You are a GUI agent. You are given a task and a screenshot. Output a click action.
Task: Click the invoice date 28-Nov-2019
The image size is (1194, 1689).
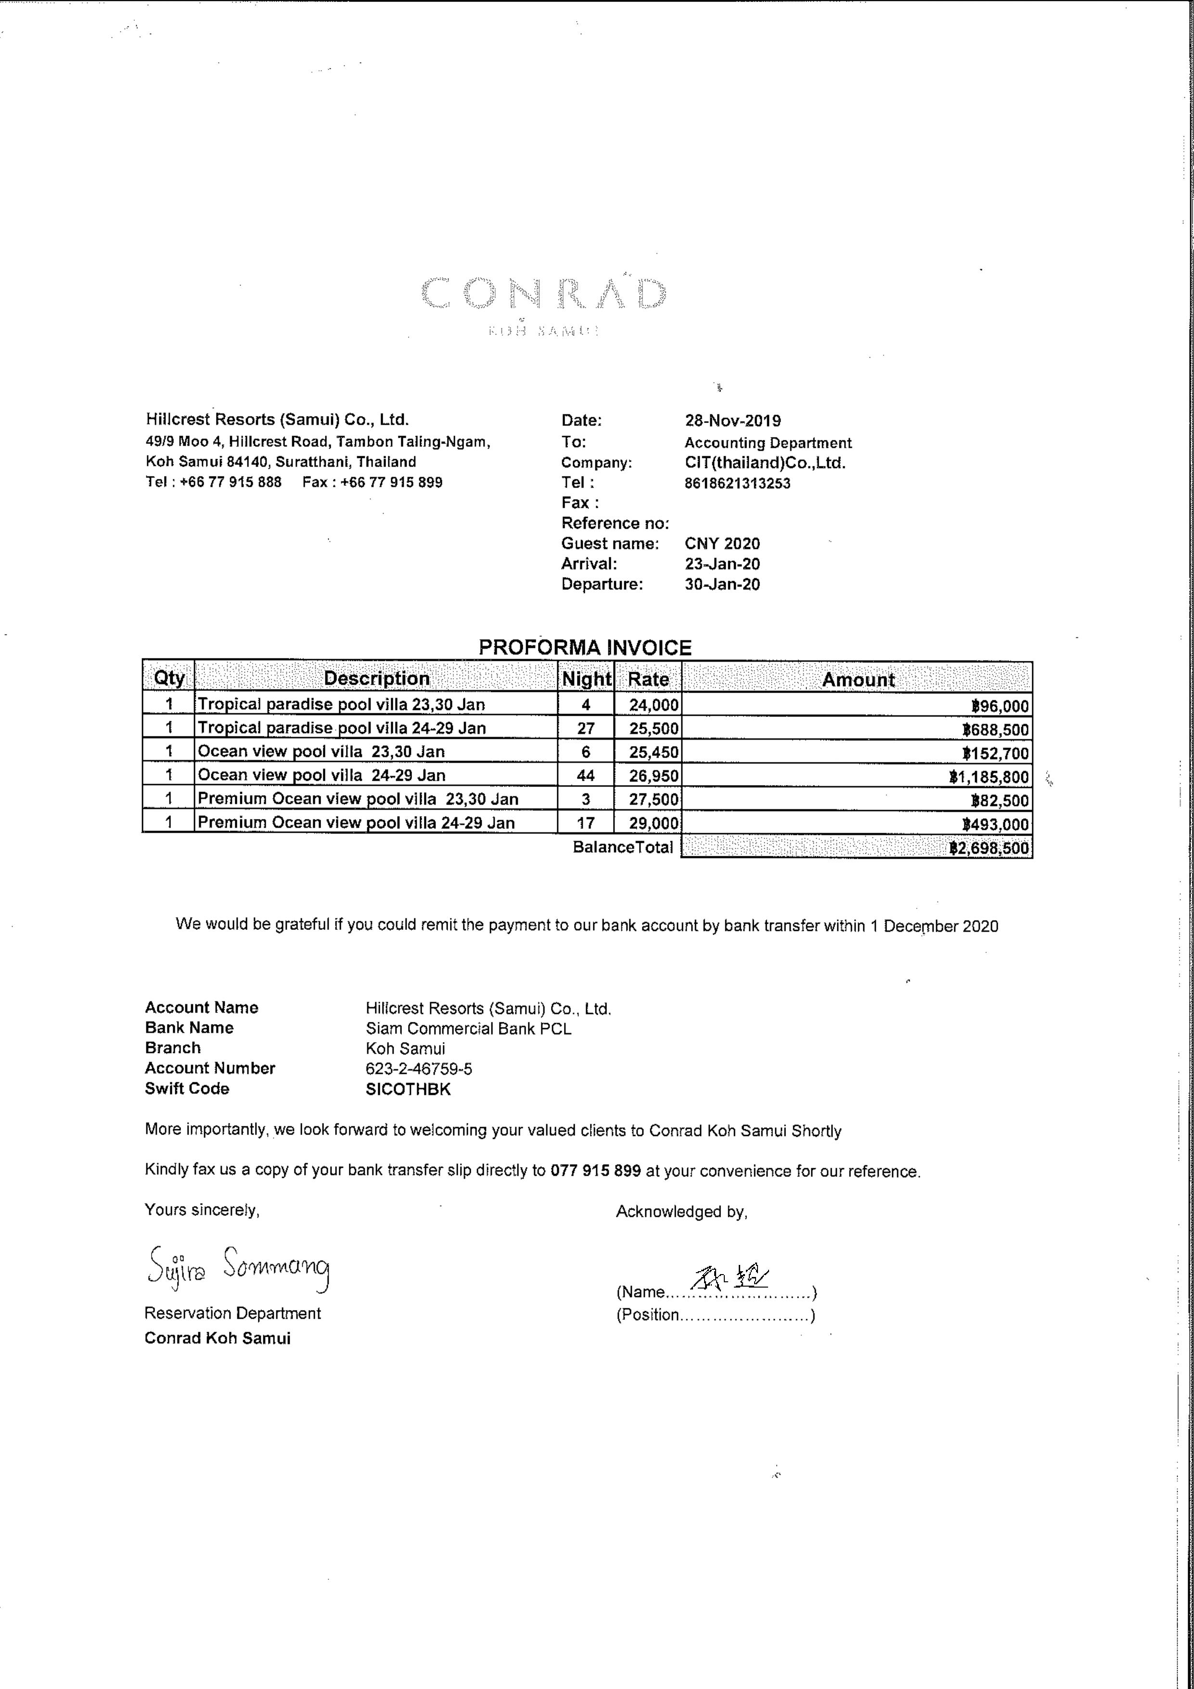click(733, 421)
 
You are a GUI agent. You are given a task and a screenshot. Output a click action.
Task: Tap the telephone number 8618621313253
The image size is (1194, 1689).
click(737, 483)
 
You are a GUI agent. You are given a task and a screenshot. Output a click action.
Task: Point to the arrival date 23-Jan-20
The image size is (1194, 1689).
click(722, 564)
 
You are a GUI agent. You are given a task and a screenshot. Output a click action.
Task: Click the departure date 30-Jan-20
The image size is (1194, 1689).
click(722, 585)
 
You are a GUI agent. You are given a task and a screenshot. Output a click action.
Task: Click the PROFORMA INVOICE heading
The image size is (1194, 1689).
click(585, 647)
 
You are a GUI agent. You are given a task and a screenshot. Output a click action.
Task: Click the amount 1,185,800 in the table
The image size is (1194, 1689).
click(989, 777)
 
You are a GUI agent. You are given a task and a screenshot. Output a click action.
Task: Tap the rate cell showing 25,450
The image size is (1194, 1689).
click(653, 752)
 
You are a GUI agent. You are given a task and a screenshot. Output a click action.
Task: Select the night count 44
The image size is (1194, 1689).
click(586, 775)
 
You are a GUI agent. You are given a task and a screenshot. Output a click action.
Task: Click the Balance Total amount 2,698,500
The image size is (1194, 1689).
click(989, 848)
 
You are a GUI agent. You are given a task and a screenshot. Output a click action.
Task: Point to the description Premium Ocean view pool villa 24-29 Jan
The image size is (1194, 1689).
click(356, 823)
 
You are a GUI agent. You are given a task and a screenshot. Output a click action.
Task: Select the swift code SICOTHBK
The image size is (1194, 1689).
click(408, 1089)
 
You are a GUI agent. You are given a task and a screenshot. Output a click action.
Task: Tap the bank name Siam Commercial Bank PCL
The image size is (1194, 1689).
click(468, 1029)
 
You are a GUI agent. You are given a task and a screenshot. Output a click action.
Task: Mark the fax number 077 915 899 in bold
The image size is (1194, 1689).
click(595, 1171)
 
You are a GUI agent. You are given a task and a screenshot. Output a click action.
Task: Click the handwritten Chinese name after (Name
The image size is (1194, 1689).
click(732, 1278)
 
